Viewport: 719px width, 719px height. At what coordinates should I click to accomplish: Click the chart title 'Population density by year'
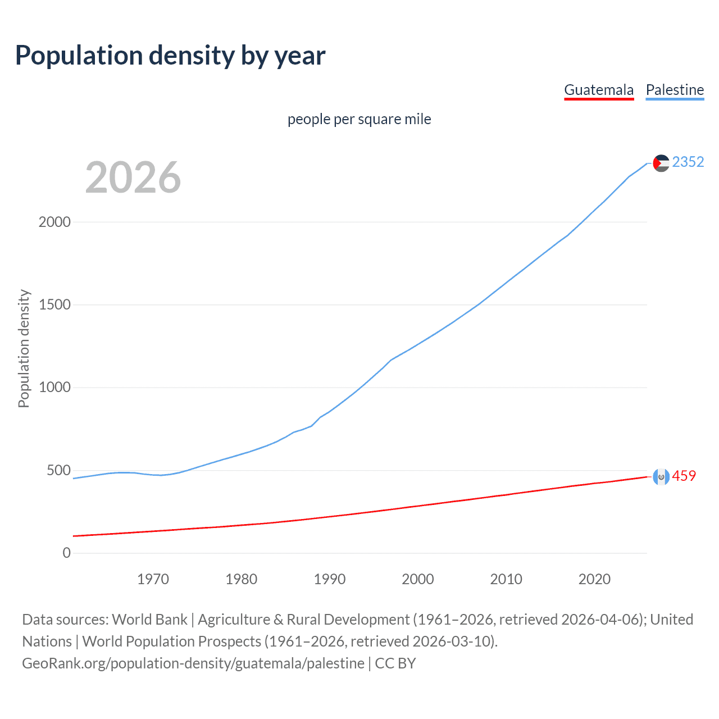tap(170, 55)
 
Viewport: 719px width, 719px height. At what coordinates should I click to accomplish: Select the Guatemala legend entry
tap(599, 90)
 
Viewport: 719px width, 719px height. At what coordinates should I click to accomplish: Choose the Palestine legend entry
tap(675, 90)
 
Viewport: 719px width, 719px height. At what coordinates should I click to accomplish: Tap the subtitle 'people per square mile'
tap(359, 119)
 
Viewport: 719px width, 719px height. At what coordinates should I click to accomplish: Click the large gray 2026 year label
tap(133, 178)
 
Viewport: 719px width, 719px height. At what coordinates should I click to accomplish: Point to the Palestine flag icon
tap(661, 163)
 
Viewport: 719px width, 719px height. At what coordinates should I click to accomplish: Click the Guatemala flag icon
tap(661, 477)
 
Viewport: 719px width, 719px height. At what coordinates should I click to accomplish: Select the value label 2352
tap(688, 162)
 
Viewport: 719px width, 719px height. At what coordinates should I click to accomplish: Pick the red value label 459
tap(684, 476)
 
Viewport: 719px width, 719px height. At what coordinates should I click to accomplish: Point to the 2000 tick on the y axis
tap(54, 222)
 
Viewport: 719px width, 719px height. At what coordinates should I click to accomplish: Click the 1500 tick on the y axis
tap(54, 304)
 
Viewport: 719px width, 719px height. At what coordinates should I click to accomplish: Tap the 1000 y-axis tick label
tap(54, 388)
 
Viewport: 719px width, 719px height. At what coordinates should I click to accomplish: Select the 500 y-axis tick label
tap(58, 470)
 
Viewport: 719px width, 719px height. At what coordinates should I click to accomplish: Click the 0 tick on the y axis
tap(67, 553)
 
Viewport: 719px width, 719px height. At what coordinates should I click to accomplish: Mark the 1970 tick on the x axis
tap(153, 579)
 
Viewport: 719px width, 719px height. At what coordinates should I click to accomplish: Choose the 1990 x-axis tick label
tap(330, 579)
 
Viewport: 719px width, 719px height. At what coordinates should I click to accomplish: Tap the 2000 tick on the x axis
tap(418, 579)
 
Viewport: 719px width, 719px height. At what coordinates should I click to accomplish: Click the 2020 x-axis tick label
tap(594, 579)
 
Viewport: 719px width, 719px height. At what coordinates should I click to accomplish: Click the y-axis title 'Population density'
tap(24, 348)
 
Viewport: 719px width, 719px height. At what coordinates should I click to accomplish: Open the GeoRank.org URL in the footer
tap(193, 663)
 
